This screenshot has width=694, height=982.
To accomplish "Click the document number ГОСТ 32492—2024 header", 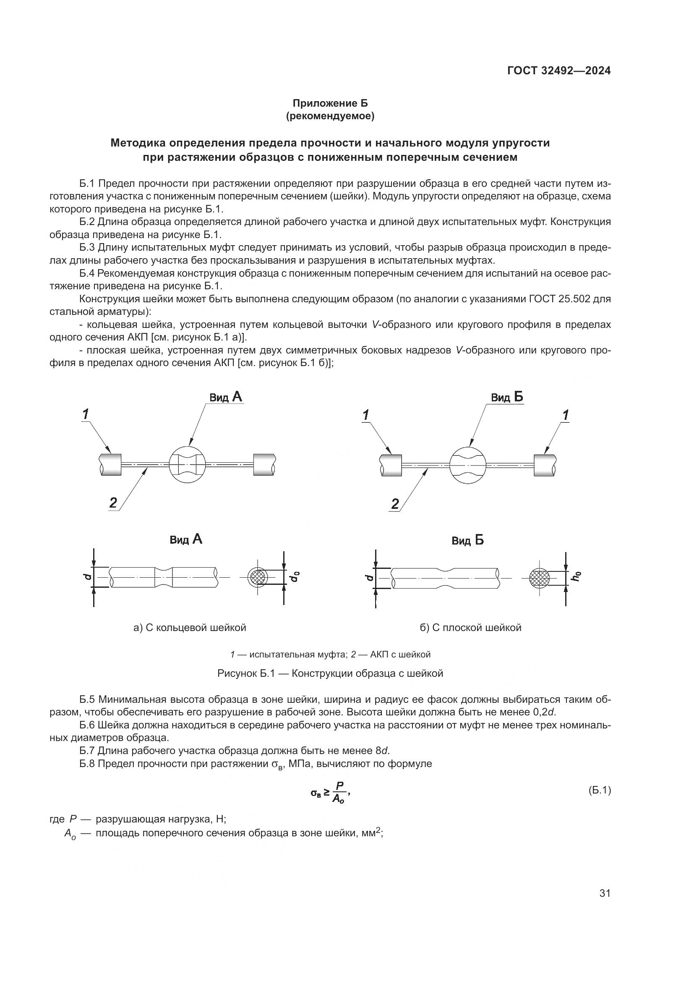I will pyautogui.click(x=558, y=71).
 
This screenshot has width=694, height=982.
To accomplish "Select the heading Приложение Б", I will pyautogui.click(x=329, y=103).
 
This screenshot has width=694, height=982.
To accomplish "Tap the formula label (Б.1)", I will pyautogui.click(x=600, y=791).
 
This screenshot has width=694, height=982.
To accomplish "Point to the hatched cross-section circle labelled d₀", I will pyautogui.click(x=258, y=577).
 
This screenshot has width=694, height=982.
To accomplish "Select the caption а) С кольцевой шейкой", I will pyautogui.click(x=190, y=627).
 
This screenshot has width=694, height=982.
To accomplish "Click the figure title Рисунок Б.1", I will pyautogui.click(x=330, y=673).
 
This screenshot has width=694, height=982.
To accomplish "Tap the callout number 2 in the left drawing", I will pyautogui.click(x=113, y=502).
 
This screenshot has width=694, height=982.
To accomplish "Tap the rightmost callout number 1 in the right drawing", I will pyautogui.click(x=566, y=414).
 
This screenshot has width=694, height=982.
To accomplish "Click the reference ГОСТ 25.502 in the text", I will pyautogui.click(x=560, y=299).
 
